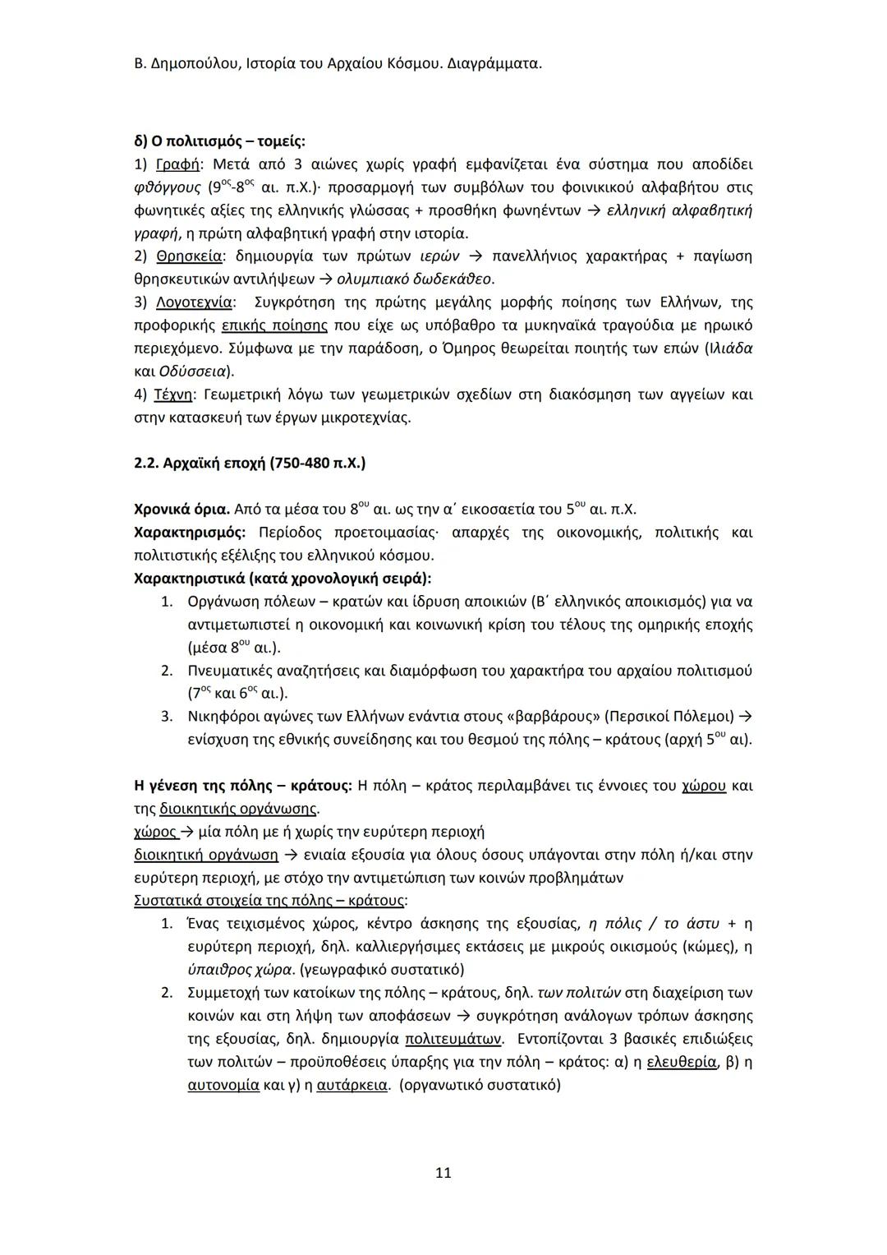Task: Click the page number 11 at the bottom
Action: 443,1173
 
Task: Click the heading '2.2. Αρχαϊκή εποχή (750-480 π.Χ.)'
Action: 249,463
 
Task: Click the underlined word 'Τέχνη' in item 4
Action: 172,394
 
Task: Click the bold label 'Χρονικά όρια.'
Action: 182,510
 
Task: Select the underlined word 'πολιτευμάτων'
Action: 453,1039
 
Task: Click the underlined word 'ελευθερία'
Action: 681,1062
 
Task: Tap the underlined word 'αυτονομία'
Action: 223,1085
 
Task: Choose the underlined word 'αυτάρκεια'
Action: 352,1085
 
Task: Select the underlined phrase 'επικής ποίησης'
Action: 275,325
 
